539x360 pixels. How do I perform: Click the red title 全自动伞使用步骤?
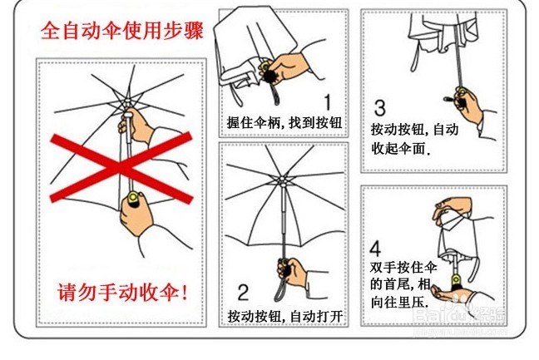coord(122,31)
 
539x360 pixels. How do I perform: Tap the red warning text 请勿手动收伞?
coord(123,293)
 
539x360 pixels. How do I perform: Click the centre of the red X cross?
coord(121,168)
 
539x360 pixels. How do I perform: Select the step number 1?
coord(328,102)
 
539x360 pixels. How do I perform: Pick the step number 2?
coord(243,293)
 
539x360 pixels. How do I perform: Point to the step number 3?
coord(379,108)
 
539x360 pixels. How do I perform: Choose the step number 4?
coord(375,249)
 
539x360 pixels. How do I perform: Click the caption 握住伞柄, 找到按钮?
coord(284,123)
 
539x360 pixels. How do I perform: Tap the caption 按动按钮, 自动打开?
coord(285,317)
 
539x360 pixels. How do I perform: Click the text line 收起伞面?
coord(401,149)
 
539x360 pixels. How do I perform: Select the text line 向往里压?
coord(399,303)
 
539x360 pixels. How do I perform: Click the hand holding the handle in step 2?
coord(294,272)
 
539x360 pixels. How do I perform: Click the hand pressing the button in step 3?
coord(467,104)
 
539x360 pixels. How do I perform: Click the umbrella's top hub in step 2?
coord(282,180)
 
